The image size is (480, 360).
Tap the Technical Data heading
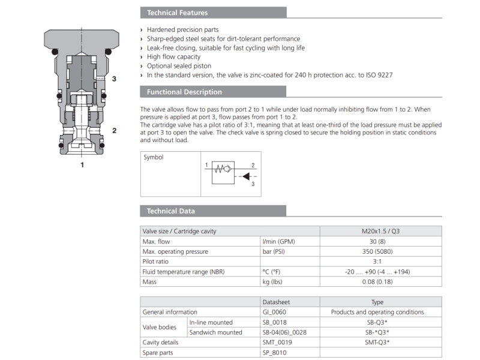[170, 211]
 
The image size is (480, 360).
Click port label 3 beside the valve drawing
[113, 79]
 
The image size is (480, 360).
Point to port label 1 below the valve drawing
[82, 163]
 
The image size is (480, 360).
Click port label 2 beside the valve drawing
[113, 130]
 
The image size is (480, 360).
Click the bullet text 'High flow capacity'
[173, 57]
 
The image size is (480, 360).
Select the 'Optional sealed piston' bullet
[179, 66]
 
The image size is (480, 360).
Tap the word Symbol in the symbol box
[153, 157]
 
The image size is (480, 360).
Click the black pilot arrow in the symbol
[246, 176]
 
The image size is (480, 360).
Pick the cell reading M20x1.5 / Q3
[380, 231]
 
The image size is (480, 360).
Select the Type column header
[377, 302]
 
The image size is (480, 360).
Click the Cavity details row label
[160, 342]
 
